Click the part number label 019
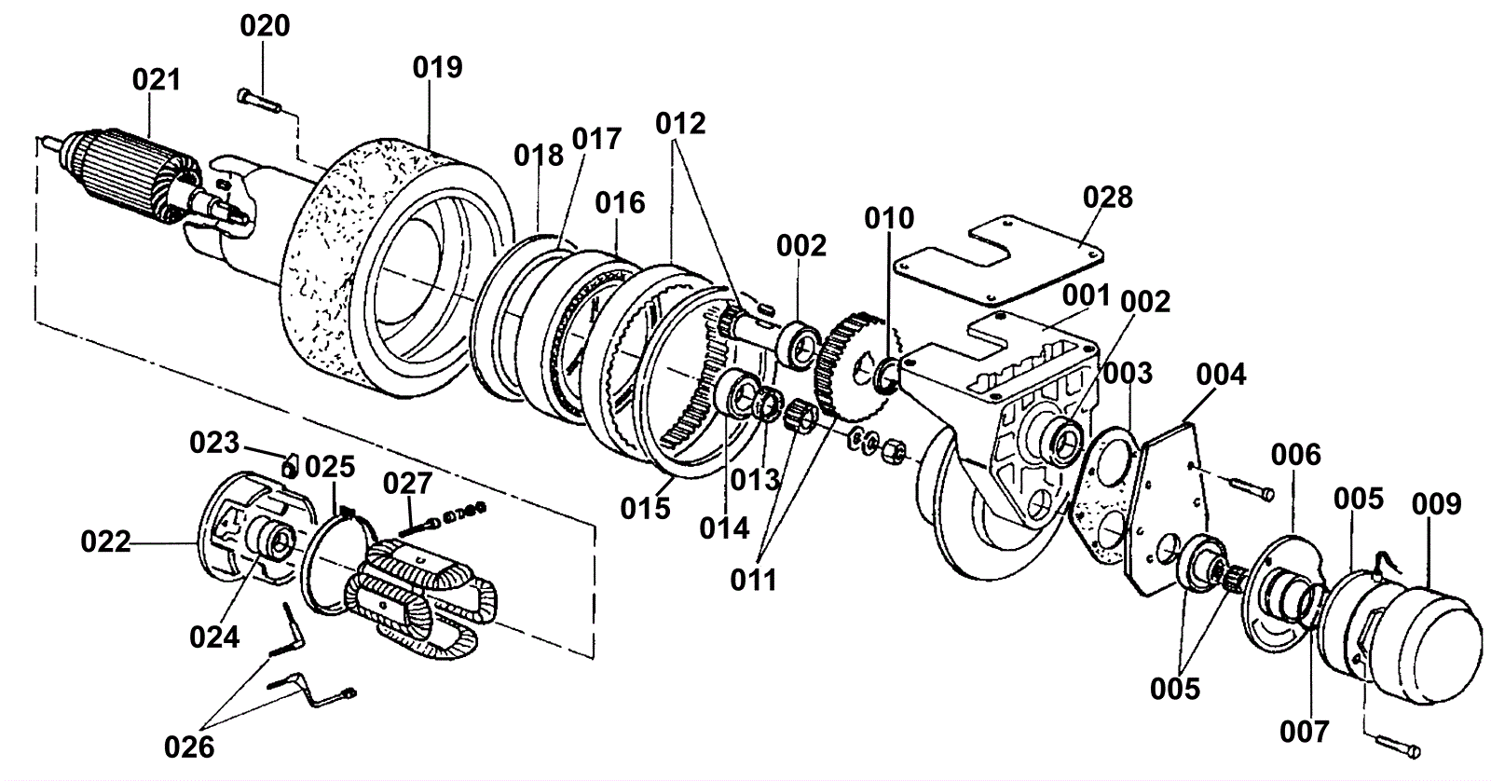(437, 67)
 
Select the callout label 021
(157, 80)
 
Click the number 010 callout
(889, 218)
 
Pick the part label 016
(620, 202)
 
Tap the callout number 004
(1221, 375)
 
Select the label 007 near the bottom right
(1304, 733)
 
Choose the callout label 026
(189, 747)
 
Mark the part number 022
(105, 542)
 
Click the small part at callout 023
(289, 466)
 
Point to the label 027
(407, 484)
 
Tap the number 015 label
(645, 508)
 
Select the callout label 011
(754, 581)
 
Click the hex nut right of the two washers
(894, 454)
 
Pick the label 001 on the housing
(1087, 295)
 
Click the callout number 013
(754, 480)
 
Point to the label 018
(539, 156)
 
